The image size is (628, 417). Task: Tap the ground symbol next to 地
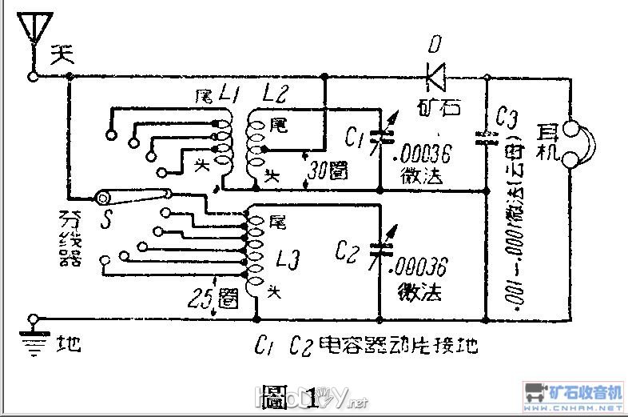tap(34, 336)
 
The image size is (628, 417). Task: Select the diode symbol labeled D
tap(436, 77)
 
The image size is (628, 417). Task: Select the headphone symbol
tap(576, 144)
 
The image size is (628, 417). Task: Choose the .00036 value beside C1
tap(428, 152)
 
